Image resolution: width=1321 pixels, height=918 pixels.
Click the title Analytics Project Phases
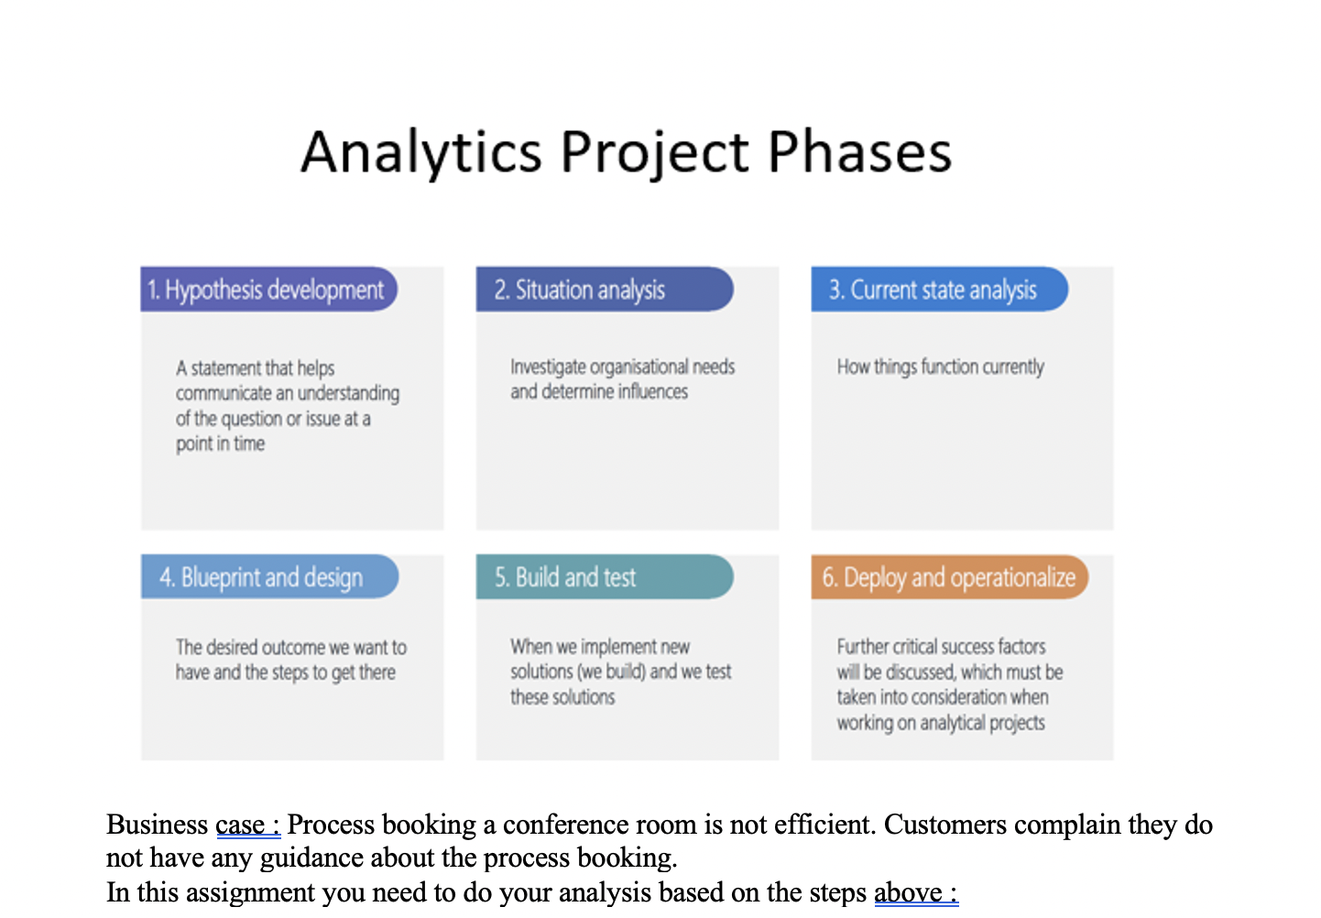[x=627, y=152]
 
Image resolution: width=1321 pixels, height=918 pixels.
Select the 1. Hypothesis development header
[x=266, y=290]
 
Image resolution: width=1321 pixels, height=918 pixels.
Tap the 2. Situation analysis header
[x=580, y=290]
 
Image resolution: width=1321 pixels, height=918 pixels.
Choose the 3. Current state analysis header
[x=933, y=290]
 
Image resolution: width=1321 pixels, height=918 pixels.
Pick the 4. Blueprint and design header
[x=261, y=577]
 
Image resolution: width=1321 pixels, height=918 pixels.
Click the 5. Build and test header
[x=565, y=577]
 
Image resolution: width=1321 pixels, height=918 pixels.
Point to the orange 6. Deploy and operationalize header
[x=948, y=577]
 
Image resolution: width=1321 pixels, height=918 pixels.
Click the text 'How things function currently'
[x=940, y=367]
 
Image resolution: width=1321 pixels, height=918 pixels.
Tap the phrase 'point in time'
[x=220, y=444]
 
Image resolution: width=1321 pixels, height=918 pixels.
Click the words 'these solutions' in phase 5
[x=562, y=697]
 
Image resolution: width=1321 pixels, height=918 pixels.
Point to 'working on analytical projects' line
[x=940, y=723]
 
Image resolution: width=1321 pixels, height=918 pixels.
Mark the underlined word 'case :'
[x=247, y=825]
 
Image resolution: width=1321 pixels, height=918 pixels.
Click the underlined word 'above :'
[x=915, y=892]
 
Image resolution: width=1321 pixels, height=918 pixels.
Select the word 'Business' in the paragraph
[x=158, y=825]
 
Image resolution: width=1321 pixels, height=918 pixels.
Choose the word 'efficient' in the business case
[x=823, y=825]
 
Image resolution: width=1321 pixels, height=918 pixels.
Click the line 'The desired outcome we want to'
[x=291, y=648]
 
